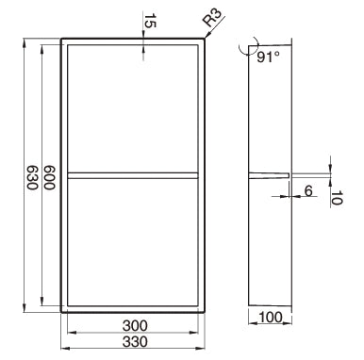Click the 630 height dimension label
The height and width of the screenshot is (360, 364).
[32, 177]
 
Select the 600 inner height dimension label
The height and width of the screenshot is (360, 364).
[49, 177]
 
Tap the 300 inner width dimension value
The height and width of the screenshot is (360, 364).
[135, 326]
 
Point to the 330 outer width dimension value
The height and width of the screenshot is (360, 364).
[135, 341]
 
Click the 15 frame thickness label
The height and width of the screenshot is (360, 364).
[150, 21]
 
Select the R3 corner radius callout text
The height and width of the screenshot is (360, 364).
[212, 17]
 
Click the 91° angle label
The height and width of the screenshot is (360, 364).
[268, 57]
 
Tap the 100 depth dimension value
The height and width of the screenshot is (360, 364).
[271, 318]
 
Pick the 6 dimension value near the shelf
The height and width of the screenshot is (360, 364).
[308, 190]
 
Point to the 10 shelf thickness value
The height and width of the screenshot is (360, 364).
[337, 198]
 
